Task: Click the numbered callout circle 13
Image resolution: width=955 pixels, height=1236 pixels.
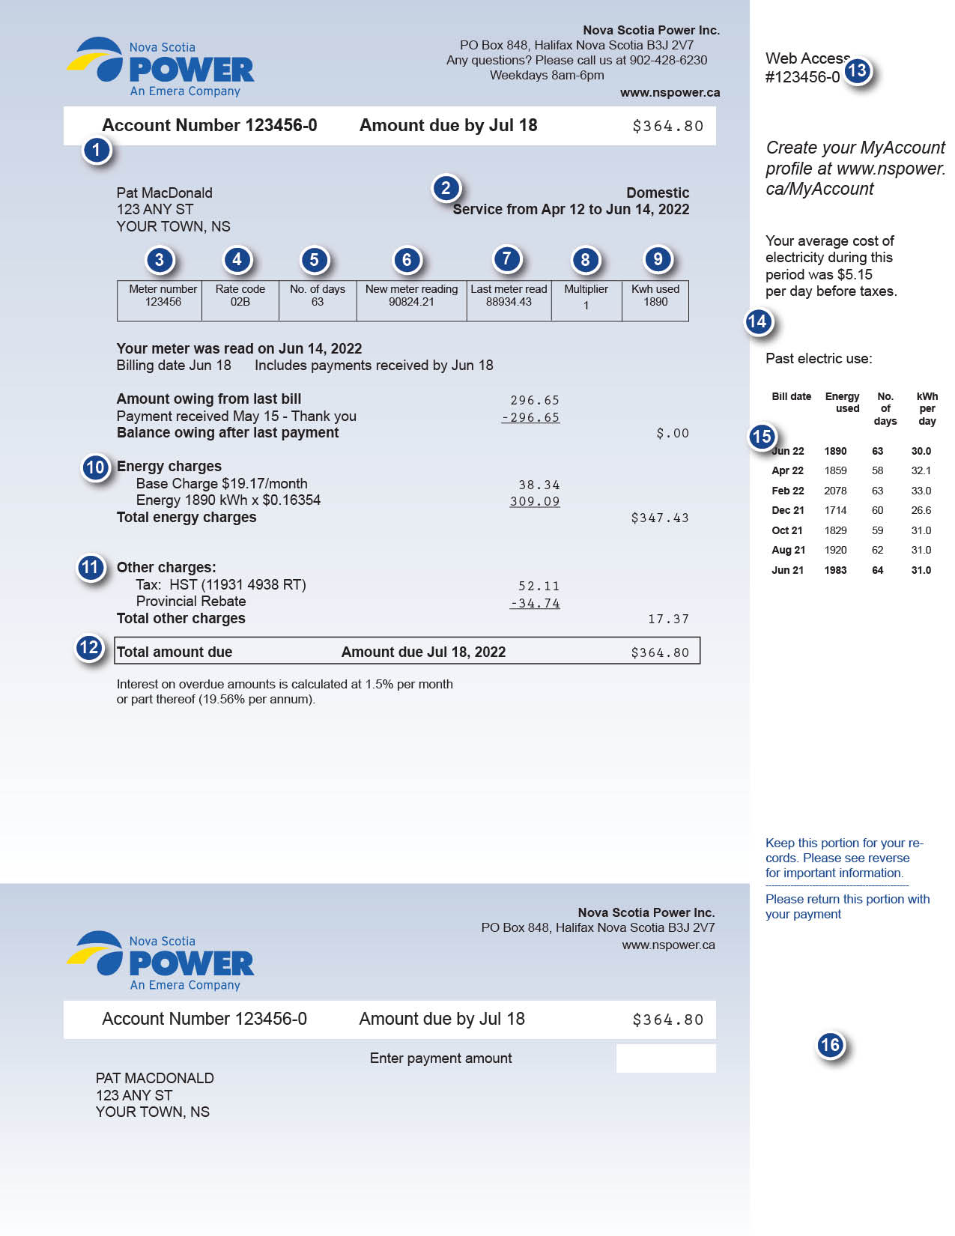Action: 857,71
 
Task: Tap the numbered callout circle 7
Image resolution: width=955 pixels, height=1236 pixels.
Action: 506,259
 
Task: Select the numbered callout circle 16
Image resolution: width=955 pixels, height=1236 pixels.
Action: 830,1045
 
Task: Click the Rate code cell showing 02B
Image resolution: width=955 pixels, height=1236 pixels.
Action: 240,302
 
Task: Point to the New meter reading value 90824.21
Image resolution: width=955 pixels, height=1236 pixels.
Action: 411,302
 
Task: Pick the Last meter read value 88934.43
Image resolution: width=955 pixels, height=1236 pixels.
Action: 509,302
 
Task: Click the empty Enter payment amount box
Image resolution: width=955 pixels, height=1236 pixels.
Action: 665,1058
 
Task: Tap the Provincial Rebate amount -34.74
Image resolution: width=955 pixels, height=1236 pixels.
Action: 535,603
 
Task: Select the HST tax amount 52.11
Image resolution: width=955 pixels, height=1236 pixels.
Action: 539,586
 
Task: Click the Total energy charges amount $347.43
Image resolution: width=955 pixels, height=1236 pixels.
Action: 659,518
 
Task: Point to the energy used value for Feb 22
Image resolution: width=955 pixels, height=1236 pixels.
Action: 835,491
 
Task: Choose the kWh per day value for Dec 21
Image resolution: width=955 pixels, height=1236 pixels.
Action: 921,510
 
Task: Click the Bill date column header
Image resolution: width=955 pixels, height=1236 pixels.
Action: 791,396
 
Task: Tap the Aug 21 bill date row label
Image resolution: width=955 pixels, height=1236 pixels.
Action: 788,550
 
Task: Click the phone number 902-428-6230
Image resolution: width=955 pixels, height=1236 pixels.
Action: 668,60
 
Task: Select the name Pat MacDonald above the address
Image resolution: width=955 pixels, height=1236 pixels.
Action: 164,193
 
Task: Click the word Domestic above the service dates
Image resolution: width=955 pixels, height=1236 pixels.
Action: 657,193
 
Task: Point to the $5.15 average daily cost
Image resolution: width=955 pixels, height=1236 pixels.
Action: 854,274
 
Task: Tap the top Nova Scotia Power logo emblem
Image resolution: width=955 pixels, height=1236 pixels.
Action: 97,60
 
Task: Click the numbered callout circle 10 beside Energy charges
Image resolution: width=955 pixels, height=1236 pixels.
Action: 95,468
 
